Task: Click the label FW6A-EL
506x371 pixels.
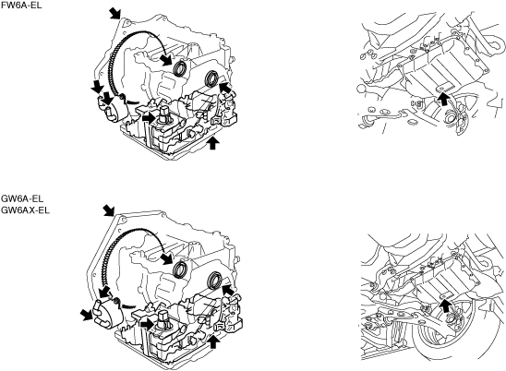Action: pyautogui.click(x=21, y=6)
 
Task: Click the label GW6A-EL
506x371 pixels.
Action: pyautogui.click(x=22, y=198)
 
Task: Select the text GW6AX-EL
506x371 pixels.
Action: pyautogui.click(x=26, y=210)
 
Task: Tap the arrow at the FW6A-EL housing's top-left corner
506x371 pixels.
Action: pyautogui.click(x=114, y=14)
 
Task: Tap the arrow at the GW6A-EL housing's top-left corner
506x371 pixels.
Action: pyautogui.click(x=108, y=210)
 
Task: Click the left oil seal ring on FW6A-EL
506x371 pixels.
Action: pyautogui.click(x=180, y=68)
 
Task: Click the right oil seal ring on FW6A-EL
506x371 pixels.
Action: pyautogui.click(x=212, y=78)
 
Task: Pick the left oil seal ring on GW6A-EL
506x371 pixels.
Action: pyautogui.click(x=180, y=269)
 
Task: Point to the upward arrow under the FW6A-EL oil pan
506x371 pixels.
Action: pyautogui.click(x=212, y=143)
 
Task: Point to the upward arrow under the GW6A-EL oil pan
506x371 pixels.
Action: pyautogui.click(x=212, y=342)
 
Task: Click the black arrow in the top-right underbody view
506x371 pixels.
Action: pyautogui.click(x=444, y=99)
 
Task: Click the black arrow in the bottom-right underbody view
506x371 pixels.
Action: pyautogui.click(x=445, y=305)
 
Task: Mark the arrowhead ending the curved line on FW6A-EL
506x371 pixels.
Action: pyautogui.click(x=167, y=59)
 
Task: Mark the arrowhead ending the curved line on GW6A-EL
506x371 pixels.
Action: pyautogui.click(x=167, y=258)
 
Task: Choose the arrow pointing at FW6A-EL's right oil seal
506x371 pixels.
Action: pyautogui.click(x=225, y=88)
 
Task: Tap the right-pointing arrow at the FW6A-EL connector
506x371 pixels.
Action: pyautogui.click(x=149, y=118)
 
